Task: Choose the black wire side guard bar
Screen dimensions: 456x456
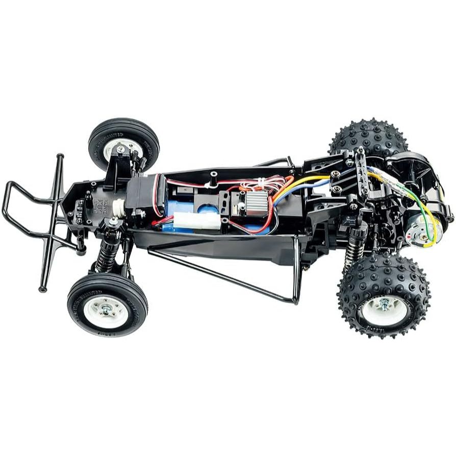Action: pos(224,275)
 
